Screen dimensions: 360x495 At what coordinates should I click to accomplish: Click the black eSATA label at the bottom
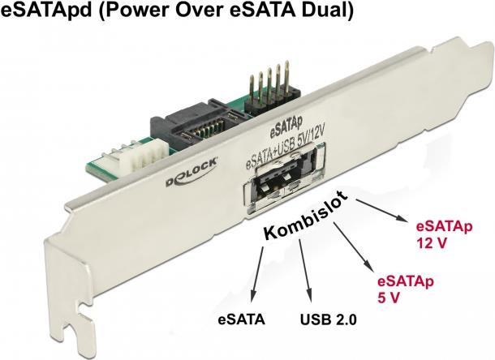point(242,319)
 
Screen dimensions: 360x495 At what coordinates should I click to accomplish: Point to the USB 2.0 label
point(329,319)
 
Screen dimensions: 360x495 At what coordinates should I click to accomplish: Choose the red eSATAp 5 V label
point(403,289)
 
